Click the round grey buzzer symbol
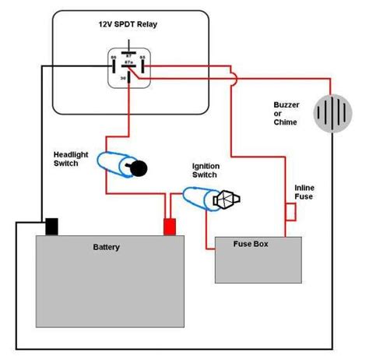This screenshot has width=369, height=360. tap(332, 113)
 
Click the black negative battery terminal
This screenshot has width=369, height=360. tap(52, 226)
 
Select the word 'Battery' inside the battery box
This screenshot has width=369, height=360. tap(107, 247)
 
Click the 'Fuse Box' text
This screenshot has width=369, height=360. tap(251, 244)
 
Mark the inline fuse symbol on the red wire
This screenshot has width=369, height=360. tap(290, 211)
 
